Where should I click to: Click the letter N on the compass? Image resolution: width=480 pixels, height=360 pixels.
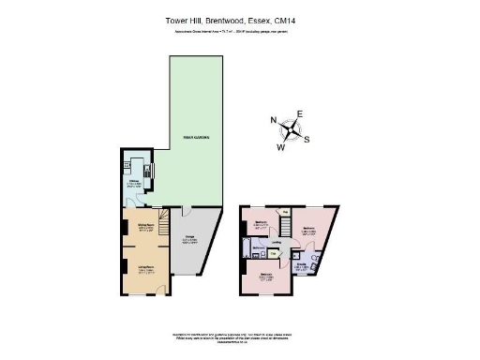(x=274, y=120)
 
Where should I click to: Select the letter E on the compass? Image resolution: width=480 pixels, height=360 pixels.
(x=300, y=114)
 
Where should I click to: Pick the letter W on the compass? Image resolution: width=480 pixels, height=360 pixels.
(x=280, y=147)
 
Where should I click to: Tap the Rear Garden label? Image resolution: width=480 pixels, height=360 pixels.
(x=195, y=138)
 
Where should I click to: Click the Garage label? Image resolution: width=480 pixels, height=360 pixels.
(x=188, y=237)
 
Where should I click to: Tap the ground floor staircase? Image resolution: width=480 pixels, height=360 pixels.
(x=161, y=225)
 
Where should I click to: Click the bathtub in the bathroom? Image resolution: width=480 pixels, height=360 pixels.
(x=246, y=249)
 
